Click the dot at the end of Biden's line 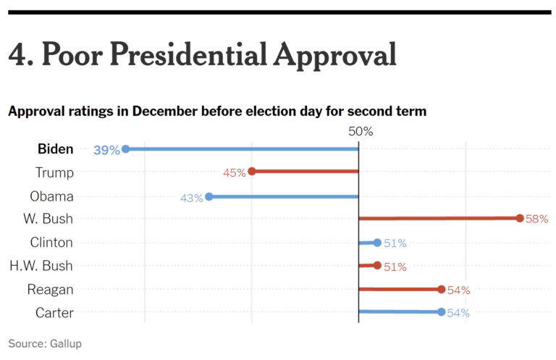point(125,149)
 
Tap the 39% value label point(106,150)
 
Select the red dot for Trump point(252,172)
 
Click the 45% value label point(235,173)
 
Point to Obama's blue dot point(209,196)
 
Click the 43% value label point(191,197)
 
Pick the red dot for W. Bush point(520,217)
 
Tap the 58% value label point(537,219)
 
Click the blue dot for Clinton point(377,243)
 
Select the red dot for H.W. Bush point(377,266)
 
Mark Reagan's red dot point(442,289)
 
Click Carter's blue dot point(442,312)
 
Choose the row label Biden point(55,149)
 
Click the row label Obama point(51,196)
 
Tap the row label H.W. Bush point(41,266)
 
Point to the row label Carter point(54,312)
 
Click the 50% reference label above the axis point(361,131)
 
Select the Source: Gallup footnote point(45,343)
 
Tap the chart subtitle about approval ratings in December point(217,112)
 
